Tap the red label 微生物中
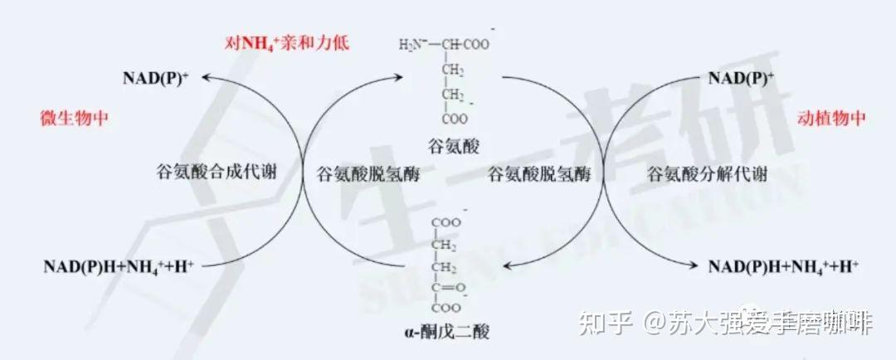coord(75,118)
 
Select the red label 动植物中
coord(831,118)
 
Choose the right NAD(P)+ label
coord(741,79)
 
